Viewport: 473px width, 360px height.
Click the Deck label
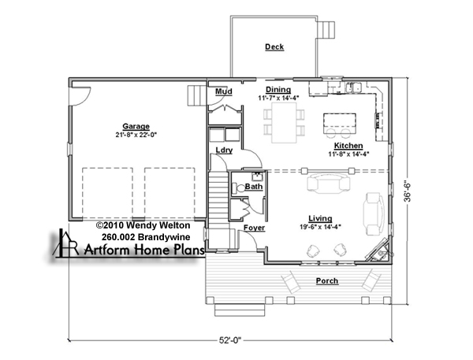coord(274,47)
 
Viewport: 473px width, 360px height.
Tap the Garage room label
coord(136,127)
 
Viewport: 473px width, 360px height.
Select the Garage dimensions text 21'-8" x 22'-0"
coord(136,135)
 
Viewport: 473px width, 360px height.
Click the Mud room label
coord(224,91)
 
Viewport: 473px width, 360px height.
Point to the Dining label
coord(278,90)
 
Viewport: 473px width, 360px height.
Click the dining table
coord(284,122)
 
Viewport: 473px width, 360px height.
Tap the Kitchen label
coord(348,146)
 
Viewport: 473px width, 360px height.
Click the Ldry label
coord(224,150)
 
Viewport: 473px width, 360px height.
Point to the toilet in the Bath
coord(239,188)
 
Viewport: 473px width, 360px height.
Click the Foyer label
coord(255,228)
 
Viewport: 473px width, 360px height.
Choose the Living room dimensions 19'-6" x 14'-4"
coord(320,226)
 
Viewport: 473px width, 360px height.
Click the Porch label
coord(327,281)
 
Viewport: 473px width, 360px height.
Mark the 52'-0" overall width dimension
coord(230,340)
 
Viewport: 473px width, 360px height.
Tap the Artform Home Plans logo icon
coord(65,243)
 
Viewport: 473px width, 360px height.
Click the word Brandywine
coord(164,237)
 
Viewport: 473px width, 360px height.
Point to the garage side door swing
coord(80,96)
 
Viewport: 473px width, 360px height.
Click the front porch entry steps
coord(240,310)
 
